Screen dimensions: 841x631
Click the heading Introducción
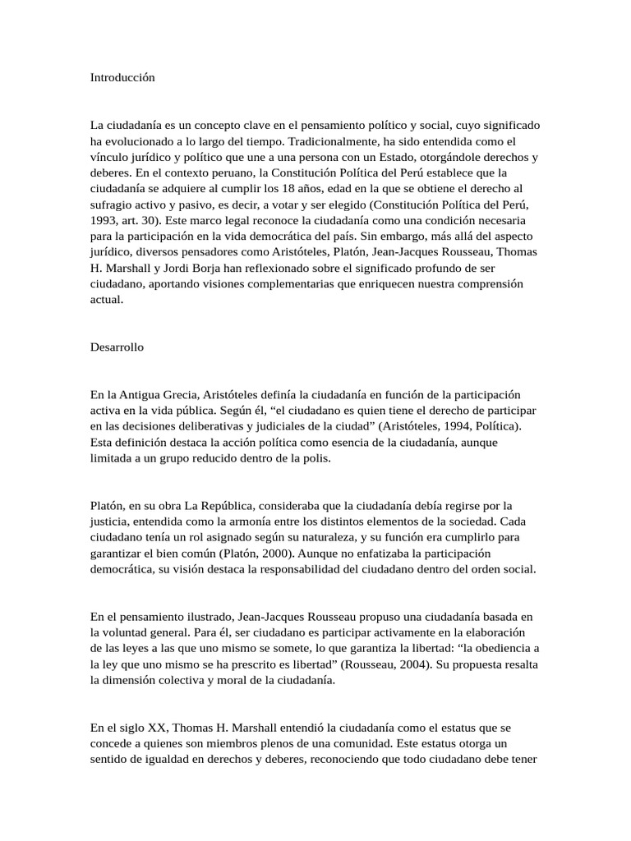coord(122,78)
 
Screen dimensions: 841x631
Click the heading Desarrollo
coord(117,347)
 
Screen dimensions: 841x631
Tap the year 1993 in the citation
coord(103,222)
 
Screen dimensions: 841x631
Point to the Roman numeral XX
coord(155,727)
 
